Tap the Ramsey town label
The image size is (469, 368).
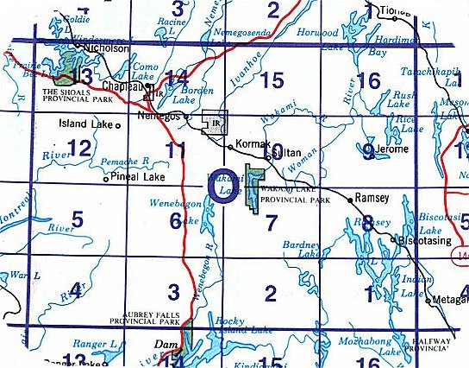(372, 198)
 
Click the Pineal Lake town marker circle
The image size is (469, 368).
(104, 180)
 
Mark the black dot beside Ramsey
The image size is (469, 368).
(349, 199)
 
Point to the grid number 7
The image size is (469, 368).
(271, 223)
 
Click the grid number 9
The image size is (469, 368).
(368, 152)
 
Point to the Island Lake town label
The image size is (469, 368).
(84, 124)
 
